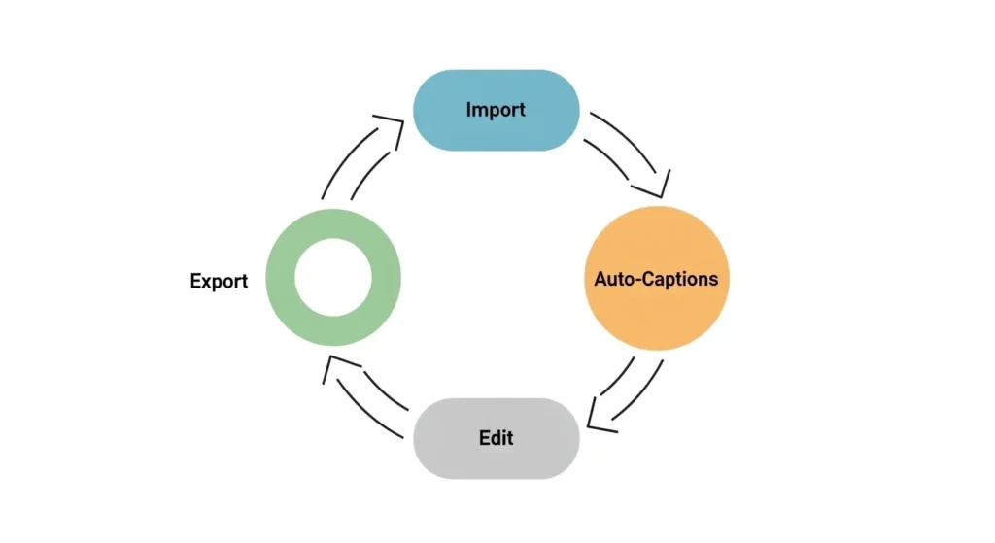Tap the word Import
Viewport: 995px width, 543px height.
(x=496, y=110)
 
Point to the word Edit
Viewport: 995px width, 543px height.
(x=496, y=438)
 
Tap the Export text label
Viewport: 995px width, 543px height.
(x=219, y=282)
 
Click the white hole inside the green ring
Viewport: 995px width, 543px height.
(x=333, y=277)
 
